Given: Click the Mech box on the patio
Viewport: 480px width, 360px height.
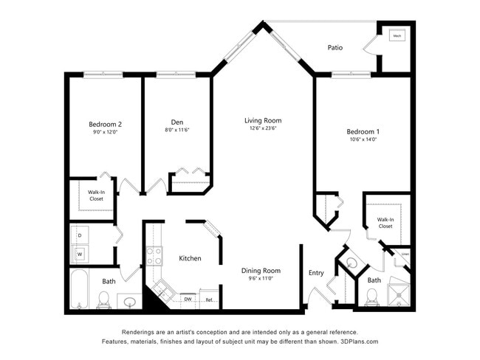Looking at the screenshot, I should pyautogui.click(x=397, y=35).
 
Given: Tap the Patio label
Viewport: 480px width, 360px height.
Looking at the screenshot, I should pyautogui.click(x=335, y=48).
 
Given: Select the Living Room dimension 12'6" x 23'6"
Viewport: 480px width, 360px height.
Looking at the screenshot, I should pyautogui.click(x=263, y=128).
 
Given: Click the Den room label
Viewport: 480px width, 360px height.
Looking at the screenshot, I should pyautogui.click(x=176, y=122).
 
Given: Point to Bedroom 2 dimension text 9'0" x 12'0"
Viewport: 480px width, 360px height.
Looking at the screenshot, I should pyautogui.click(x=105, y=132).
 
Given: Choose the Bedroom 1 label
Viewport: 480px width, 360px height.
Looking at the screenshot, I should pyautogui.click(x=362, y=131).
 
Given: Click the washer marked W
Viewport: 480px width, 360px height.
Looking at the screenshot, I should pyautogui.click(x=80, y=255).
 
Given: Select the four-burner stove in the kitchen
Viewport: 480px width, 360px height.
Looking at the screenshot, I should pyautogui.click(x=154, y=256).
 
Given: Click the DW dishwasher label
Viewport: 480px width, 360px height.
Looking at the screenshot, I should pyautogui.click(x=188, y=300).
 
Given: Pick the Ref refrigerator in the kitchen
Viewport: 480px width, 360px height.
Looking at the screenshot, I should pyautogui.click(x=209, y=300).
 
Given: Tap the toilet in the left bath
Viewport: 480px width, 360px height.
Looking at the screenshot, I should pyautogui.click(x=103, y=299).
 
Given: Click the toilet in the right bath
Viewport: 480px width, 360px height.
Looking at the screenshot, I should pyautogui.click(x=372, y=297).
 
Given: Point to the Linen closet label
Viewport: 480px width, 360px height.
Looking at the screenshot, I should pyautogui.click(x=405, y=254).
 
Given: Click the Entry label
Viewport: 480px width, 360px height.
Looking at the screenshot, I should pyautogui.click(x=316, y=273).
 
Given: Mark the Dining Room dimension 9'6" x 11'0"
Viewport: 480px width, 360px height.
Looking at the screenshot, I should pyautogui.click(x=261, y=279).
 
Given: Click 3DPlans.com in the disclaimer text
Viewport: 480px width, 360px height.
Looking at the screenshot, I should pyautogui.click(x=358, y=342).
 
